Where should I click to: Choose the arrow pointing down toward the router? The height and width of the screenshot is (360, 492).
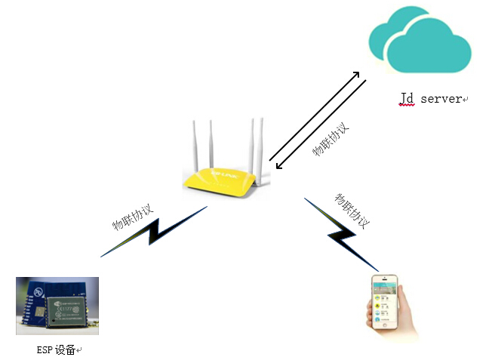pyautogui.click(x=321, y=125)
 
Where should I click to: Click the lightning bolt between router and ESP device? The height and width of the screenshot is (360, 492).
pyautogui.click(x=154, y=233)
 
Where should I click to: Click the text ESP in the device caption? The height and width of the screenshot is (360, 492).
pyautogui.click(x=45, y=349)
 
